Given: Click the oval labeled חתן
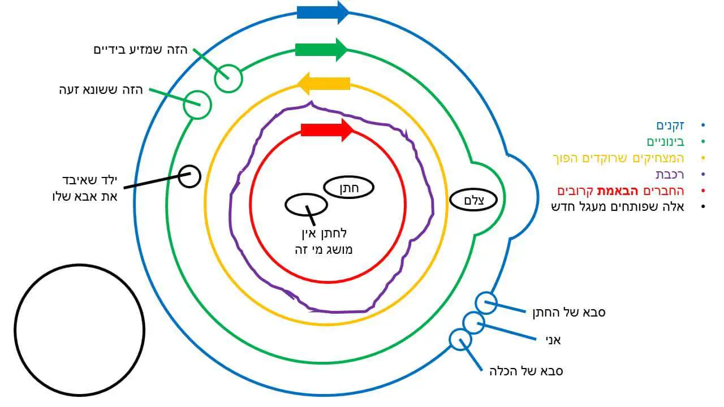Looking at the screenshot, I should (x=349, y=188).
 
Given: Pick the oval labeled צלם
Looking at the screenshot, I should (x=473, y=199).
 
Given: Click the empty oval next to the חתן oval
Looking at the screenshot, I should (x=306, y=204).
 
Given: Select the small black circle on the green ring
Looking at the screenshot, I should (x=189, y=176).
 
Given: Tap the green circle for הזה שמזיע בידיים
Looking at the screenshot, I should (x=229, y=78).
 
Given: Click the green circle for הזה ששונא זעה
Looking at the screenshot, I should (x=197, y=105).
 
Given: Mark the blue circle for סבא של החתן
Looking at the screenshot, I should (x=486, y=303).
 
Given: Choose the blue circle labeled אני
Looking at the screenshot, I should (x=474, y=323).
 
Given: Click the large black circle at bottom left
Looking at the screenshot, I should (x=80, y=330).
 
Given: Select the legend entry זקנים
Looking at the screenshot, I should (x=670, y=125).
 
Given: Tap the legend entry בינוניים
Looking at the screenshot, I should (x=665, y=141).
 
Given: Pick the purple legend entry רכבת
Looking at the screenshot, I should (x=670, y=174).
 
